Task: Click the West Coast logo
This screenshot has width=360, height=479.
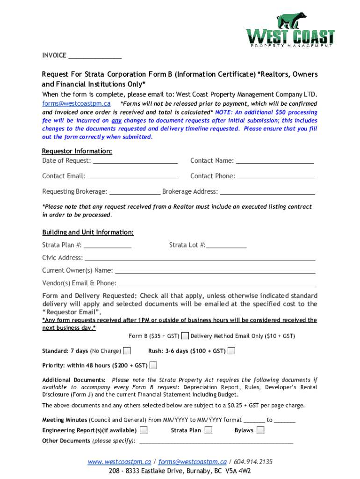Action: tap(290, 30)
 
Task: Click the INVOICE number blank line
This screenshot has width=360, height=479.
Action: tap(95, 56)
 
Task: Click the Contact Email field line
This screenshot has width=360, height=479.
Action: tap(133, 177)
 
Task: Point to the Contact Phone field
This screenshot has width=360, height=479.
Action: tap(276, 177)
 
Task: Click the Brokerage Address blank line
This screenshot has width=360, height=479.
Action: tap(267, 192)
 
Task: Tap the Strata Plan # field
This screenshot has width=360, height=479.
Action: tap(108, 245)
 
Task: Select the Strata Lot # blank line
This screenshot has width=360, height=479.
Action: tap(226, 245)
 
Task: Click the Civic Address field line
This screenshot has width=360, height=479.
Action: tap(200, 258)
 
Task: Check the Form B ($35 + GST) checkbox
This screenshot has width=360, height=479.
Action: tap(185, 336)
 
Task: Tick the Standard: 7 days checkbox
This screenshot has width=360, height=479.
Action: tap(127, 351)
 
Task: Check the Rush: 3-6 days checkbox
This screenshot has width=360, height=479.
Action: tap(231, 351)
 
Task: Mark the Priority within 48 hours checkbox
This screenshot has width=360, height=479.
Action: tap(153, 365)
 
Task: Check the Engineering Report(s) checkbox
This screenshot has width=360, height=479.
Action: tap(144, 430)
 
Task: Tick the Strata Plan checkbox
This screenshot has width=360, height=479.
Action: tap(209, 430)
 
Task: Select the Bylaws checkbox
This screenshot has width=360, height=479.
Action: tap(260, 430)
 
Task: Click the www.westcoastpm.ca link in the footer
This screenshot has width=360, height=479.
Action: tap(119, 462)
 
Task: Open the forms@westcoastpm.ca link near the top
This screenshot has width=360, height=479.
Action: tap(76, 104)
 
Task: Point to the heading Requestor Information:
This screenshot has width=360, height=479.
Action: tap(77, 152)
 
